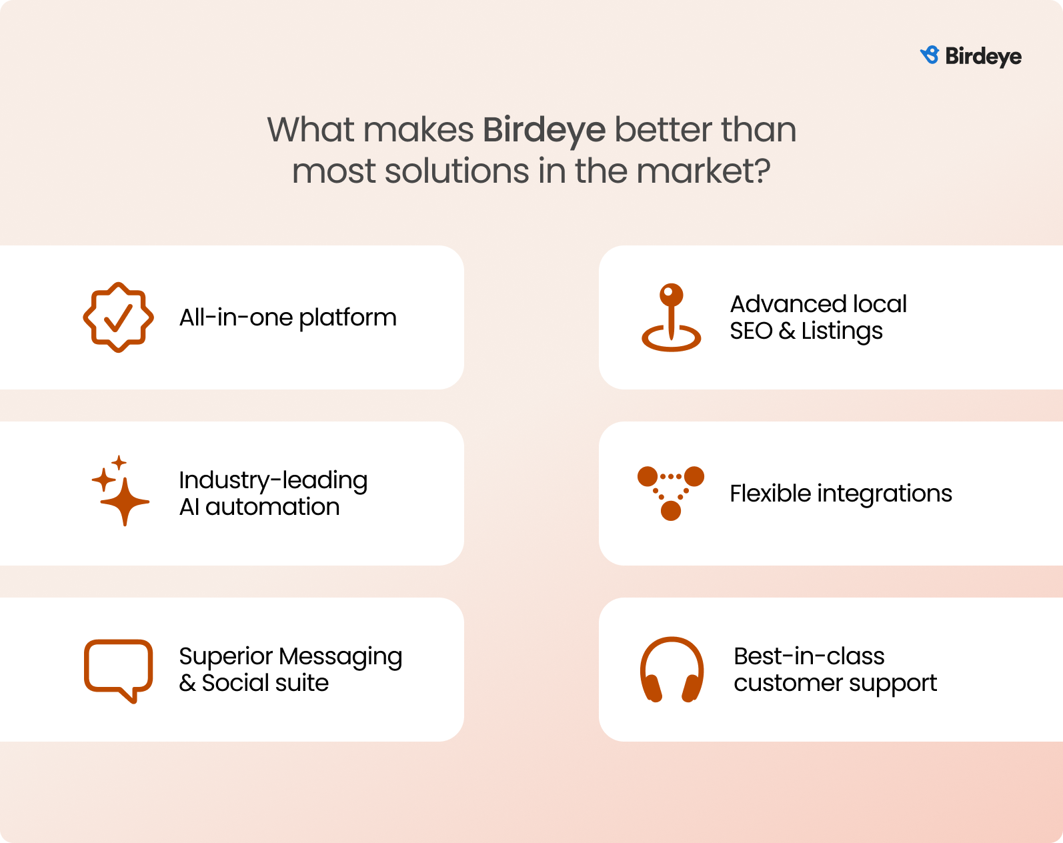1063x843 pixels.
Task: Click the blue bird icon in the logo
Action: [930, 55]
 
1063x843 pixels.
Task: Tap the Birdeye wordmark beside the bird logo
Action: [983, 57]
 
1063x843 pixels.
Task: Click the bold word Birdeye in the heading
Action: [544, 131]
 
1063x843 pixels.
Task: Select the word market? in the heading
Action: [704, 171]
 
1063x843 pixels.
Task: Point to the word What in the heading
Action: [311, 130]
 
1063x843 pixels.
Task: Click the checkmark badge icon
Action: [118, 317]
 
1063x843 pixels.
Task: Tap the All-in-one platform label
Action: [287, 317]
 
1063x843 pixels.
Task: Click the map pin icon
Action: [671, 317]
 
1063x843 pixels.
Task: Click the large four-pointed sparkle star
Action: [125, 501]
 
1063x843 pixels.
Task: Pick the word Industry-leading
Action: [273, 480]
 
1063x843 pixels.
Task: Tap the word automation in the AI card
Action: [272, 507]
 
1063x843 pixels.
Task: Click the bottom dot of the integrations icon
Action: [671, 510]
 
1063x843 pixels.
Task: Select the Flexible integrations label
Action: [841, 494]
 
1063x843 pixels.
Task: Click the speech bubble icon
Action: [118, 671]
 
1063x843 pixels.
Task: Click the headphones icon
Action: [672, 670]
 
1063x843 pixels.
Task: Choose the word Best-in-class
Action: [809, 656]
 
